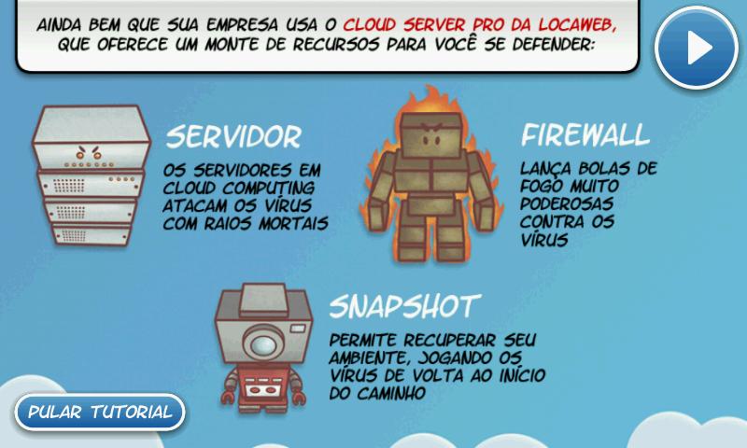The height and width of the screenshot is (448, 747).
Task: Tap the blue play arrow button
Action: coord(697,47)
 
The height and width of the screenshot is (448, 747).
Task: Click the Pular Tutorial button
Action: coord(100,412)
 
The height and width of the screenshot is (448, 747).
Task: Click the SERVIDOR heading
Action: coord(233,136)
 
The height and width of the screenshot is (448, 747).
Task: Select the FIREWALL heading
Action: coord(585,134)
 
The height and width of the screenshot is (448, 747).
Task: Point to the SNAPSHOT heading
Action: coord(405,305)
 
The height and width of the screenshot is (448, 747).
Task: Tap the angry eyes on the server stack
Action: coord(89,152)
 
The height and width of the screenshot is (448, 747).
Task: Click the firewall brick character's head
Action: coord(431,134)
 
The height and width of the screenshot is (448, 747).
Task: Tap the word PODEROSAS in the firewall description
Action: coord(567,203)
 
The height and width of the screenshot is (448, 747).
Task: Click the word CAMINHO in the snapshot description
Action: coord(391,393)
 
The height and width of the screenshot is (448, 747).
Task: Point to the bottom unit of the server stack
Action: coord(92,234)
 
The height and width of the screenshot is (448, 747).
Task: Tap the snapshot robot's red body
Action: coord(262,386)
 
